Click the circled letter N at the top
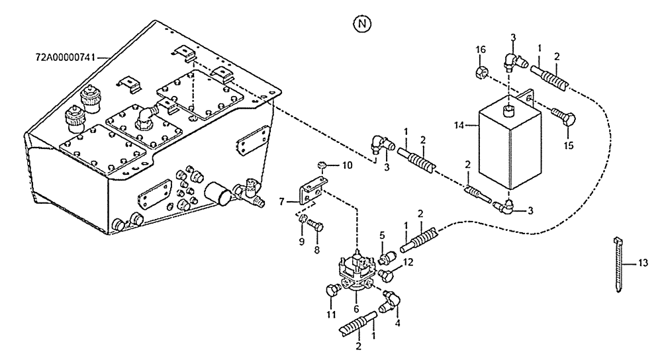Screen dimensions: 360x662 (361, 24)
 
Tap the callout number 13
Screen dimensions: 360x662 (643, 263)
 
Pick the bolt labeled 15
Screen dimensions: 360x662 (565, 119)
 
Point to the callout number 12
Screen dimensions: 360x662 (408, 263)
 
